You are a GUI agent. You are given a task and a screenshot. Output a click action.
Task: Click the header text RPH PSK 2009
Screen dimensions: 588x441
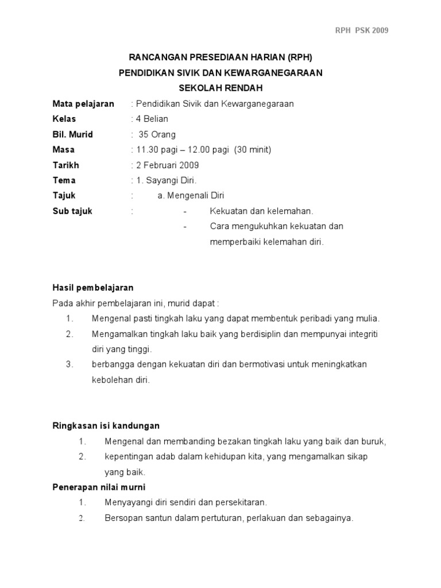tap(362, 30)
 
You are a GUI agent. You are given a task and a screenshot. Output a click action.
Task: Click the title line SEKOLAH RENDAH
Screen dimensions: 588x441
tap(220, 88)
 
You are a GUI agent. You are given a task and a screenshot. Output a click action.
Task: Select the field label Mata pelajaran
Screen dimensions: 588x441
tap(83, 104)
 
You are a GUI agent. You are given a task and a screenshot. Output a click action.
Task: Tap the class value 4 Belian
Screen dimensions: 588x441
tap(152, 119)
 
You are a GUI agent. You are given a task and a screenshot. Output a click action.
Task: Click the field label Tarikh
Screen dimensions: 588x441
tap(65, 165)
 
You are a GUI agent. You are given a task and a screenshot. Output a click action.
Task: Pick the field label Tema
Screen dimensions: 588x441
tap(64, 180)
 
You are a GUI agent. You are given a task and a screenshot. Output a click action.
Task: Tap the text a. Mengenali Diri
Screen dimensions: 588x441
tap(193, 196)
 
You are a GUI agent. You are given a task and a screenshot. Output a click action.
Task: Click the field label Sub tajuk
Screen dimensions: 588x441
tap(72, 211)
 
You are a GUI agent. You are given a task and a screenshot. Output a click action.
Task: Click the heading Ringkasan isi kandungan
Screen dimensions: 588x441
tap(106, 425)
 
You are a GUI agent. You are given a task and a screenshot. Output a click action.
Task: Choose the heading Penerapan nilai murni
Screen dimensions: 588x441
tap(99, 487)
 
